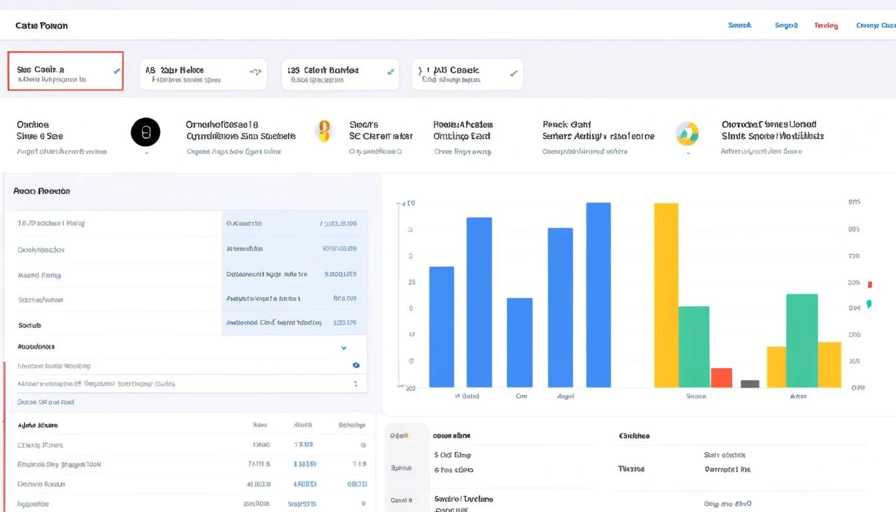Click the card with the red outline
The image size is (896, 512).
(x=65, y=71)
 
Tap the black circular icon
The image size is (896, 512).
(x=145, y=132)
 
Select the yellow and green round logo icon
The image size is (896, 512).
(x=687, y=133)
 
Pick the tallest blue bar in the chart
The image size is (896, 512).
(x=598, y=295)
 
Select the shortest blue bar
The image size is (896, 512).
(x=519, y=342)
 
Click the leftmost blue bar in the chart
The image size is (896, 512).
(x=441, y=327)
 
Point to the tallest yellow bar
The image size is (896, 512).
(x=666, y=295)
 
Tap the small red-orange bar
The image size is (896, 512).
(x=721, y=377)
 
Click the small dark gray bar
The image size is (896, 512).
(x=750, y=383)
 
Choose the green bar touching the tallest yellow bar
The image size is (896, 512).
(x=693, y=346)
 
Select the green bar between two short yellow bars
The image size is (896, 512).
(x=801, y=340)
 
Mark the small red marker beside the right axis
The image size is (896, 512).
(x=869, y=285)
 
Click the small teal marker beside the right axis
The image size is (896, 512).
(x=869, y=304)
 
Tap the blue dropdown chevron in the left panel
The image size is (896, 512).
(x=344, y=348)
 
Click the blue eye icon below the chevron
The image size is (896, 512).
(x=356, y=365)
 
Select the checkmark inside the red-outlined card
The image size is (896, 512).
(x=117, y=70)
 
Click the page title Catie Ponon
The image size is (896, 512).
(x=41, y=26)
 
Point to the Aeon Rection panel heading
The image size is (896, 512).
(x=41, y=191)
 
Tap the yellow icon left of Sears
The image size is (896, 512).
(x=323, y=131)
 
